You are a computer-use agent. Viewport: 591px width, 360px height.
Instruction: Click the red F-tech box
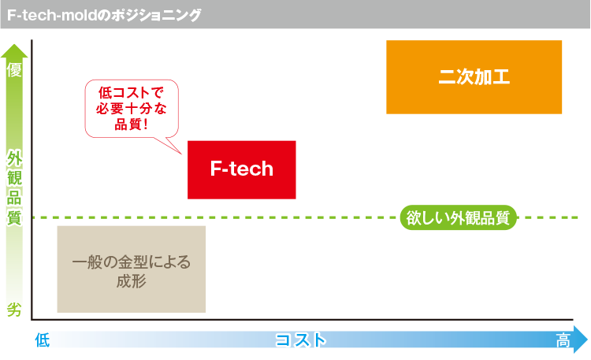pos(242,169)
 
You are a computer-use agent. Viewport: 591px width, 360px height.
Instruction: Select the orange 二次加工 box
pos(474,77)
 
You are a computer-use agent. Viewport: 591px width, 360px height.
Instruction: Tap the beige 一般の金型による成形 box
pos(132,269)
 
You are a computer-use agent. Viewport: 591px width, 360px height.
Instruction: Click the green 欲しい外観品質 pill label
pos(458,217)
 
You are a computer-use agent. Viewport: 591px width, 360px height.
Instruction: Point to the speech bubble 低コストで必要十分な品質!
pos(131,109)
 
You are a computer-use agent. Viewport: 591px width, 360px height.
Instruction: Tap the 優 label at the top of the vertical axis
pos(14,70)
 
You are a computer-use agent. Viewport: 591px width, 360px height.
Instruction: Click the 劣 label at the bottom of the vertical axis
pos(14,309)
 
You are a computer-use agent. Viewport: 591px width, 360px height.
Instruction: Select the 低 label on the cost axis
pos(43,340)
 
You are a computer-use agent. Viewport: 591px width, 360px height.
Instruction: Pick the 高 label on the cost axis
pos(563,340)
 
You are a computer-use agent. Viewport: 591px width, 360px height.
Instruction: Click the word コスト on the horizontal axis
pos(299,340)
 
